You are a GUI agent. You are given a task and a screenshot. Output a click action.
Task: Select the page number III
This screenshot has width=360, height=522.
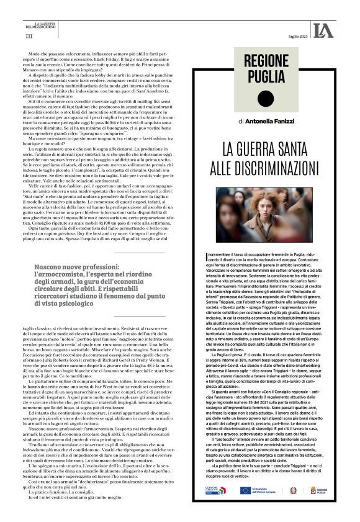29,37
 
